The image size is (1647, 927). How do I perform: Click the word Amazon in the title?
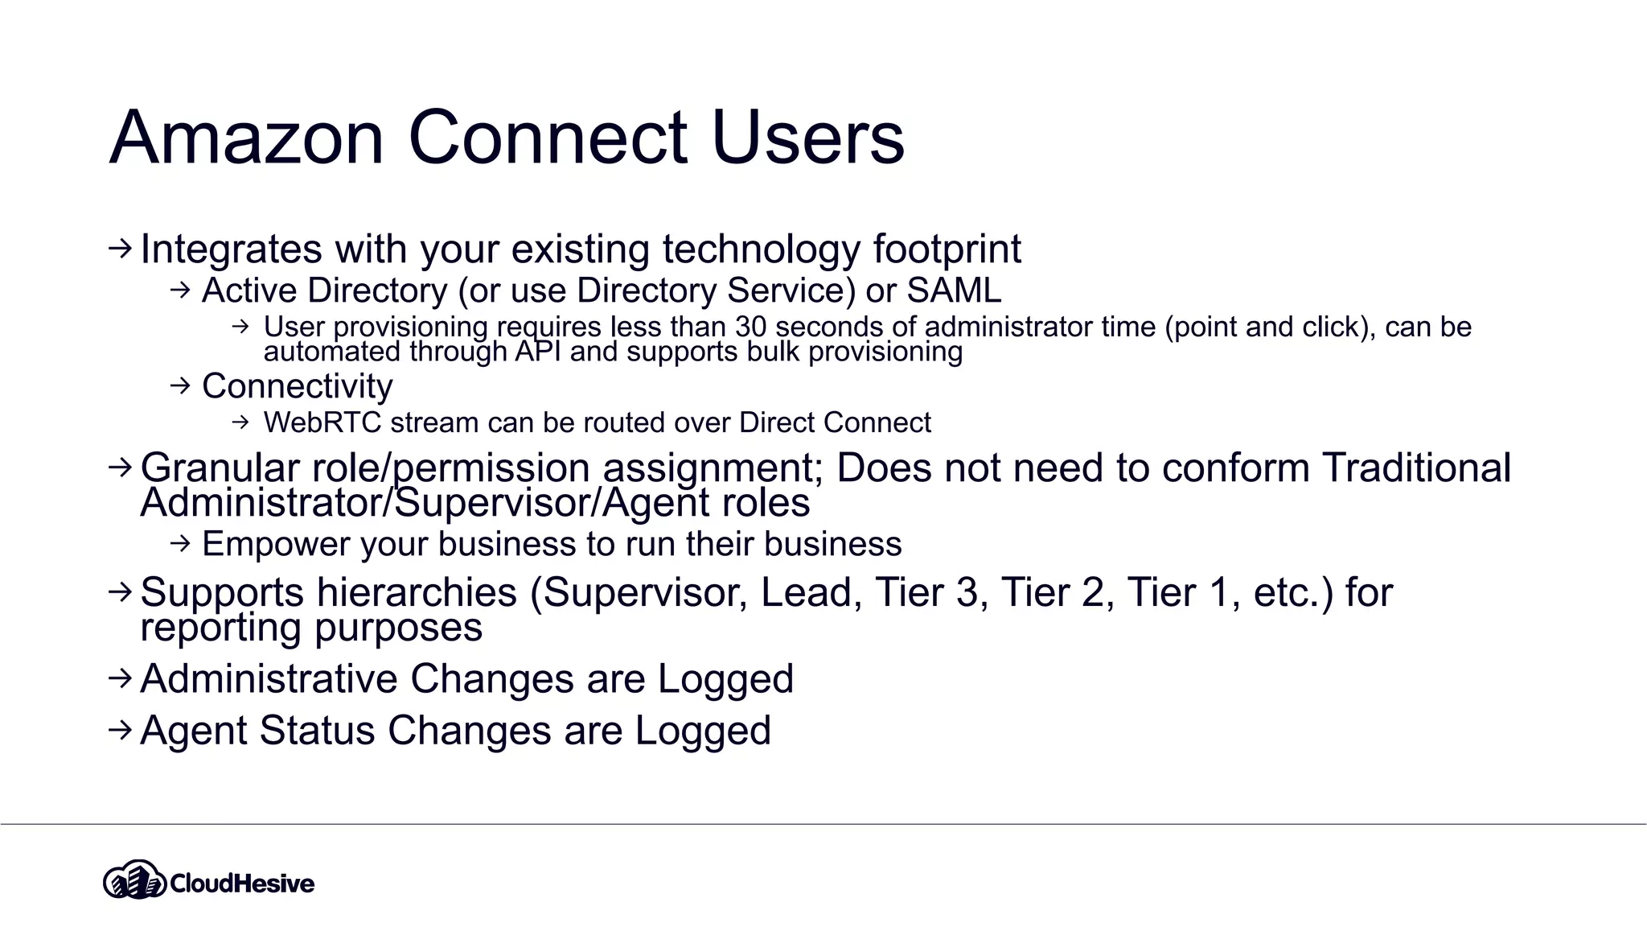pyautogui.click(x=246, y=138)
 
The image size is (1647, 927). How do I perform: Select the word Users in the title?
pyautogui.click(x=807, y=138)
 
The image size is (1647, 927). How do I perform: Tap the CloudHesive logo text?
pyautogui.click(x=241, y=884)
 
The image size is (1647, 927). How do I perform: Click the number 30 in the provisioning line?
pyautogui.click(x=751, y=328)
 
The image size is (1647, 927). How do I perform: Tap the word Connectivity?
pyautogui.click(x=297, y=386)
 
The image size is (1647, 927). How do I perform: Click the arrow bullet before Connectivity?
pyautogui.click(x=180, y=386)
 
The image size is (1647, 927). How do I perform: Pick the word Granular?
pyautogui.click(x=220, y=468)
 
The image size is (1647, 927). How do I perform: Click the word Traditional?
pyautogui.click(x=1416, y=468)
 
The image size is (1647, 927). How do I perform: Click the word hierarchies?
pyautogui.click(x=417, y=593)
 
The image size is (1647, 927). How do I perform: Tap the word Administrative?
pyautogui.click(x=269, y=678)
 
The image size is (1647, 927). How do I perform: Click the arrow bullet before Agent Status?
pyautogui.click(x=119, y=730)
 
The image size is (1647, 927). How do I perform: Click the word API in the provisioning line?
pyautogui.click(x=537, y=352)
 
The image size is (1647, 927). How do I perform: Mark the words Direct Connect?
pyautogui.click(x=835, y=422)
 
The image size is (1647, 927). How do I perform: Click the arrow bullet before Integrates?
pyautogui.click(x=119, y=249)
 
